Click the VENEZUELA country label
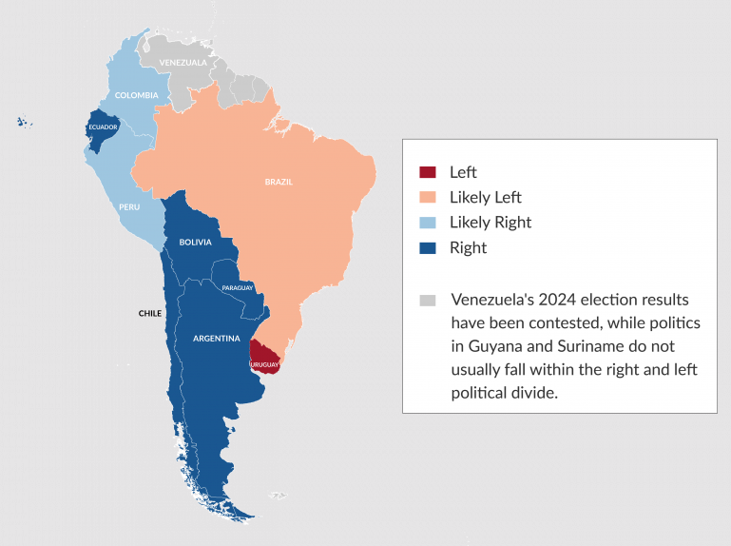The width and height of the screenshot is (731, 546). (x=183, y=63)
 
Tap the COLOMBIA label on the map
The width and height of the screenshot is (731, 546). (x=136, y=95)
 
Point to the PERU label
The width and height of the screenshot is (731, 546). (x=130, y=206)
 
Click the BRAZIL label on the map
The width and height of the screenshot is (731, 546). (x=279, y=181)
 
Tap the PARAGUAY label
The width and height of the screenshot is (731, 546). (x=237, y=287)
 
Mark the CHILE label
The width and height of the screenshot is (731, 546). (x=150, y=312)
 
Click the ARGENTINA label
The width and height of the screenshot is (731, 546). (x=216, y=338)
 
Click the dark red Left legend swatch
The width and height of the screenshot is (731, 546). (x=428, y=172)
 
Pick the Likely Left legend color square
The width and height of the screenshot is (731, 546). (x=428, y=197)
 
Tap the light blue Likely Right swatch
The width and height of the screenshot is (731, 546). (x=428, y=223)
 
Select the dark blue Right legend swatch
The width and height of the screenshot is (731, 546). (x=428, y=247)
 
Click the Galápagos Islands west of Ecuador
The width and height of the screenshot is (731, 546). (x=24, y=121)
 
